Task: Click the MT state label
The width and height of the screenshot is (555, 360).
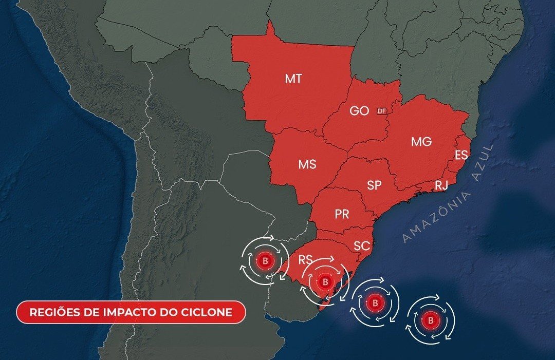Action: click(293, 79)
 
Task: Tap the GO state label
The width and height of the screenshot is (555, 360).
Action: click(359, 111)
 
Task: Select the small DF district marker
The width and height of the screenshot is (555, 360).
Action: click(381, 111)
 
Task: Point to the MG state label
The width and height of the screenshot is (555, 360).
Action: click(421, 142)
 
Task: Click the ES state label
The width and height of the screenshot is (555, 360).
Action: click(461, 155)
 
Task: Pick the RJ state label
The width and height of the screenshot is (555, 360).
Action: click(441, 186)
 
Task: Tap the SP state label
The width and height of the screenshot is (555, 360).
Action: click(374, 185)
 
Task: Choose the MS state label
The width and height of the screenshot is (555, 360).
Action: click(307, 165)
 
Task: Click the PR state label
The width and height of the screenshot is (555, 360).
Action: click(342, 215)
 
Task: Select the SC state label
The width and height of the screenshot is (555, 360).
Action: click(362, 246)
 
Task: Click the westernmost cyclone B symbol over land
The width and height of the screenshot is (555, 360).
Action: click(265, 261)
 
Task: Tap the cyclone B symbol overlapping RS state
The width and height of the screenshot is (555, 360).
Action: click(325, 281)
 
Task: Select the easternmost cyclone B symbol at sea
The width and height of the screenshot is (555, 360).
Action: click(431, 320)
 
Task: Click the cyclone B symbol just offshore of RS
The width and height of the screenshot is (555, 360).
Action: click(375, 303)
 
